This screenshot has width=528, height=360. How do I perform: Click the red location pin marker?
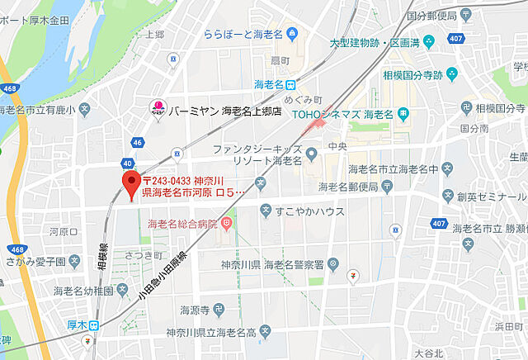pos(130,182)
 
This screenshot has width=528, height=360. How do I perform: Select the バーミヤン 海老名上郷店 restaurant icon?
pos(155,107)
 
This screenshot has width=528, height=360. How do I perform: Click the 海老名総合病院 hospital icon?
pos(228,224)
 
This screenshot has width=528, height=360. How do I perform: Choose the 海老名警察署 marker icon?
pos(332,264)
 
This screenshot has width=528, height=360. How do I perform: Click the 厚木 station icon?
pos(95,324)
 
